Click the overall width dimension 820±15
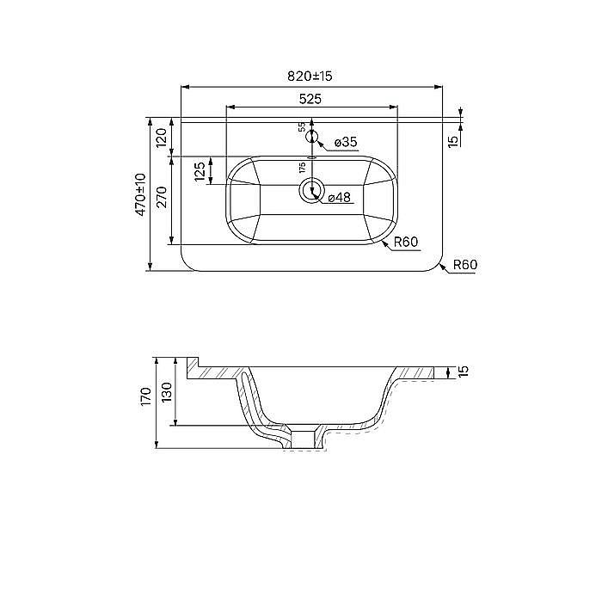tap(310, 77)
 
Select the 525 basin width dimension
tap(310, 98)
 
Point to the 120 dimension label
tap(161, 137)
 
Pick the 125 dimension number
tap(200, 171)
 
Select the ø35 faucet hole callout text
tap(344, 142)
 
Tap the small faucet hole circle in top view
tap(312, 137)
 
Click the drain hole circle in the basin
tap(311, 191)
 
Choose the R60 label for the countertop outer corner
tap(464, 265)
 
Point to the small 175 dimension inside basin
tap(302, 167)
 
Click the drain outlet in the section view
tap(303, 438)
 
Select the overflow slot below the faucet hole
tap(312, 157)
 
